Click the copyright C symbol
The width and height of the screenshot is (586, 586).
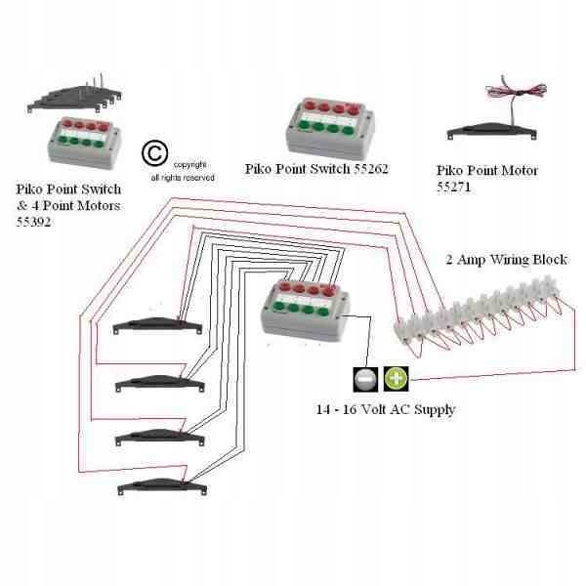[x=154, y=153]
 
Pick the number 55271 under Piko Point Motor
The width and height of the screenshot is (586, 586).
[x=454, y=186]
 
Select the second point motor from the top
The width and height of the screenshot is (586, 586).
[x=156, y=378]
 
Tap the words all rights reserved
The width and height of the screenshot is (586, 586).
[x=183, y=178]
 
